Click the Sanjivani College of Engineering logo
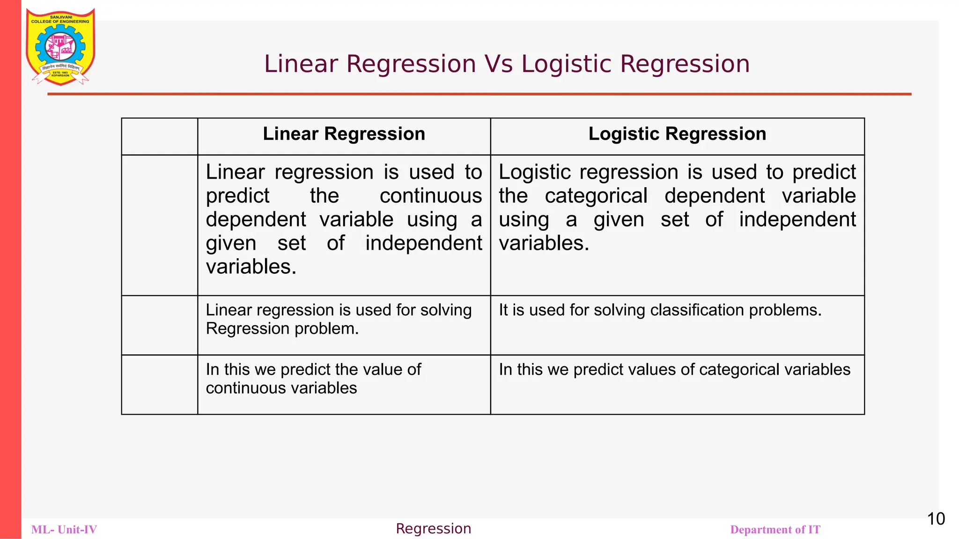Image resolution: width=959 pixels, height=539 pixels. [60, 47]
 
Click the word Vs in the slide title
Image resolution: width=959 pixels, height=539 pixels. [499, 64]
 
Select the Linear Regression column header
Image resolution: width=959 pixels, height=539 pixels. [344, 134]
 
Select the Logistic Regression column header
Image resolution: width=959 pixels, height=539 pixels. [677, 134]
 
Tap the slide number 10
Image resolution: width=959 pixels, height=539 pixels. [936, 519]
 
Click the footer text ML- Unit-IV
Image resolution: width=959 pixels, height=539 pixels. [64, 530]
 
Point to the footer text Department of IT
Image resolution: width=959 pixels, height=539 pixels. [775, 530]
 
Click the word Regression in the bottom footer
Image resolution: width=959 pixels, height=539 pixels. [433, 529]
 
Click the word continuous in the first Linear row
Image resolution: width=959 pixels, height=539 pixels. [430, 196]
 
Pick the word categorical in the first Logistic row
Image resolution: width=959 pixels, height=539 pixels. [596, 196]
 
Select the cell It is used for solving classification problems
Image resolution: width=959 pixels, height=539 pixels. [677, 325]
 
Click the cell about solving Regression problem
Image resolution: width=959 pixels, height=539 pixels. [344, 325]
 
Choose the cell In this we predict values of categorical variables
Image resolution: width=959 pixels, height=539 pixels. [677, 384]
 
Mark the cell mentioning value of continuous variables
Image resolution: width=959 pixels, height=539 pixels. [344, 384]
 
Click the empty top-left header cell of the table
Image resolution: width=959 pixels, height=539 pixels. [160, 136]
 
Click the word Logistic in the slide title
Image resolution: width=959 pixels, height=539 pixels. [566, 64]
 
